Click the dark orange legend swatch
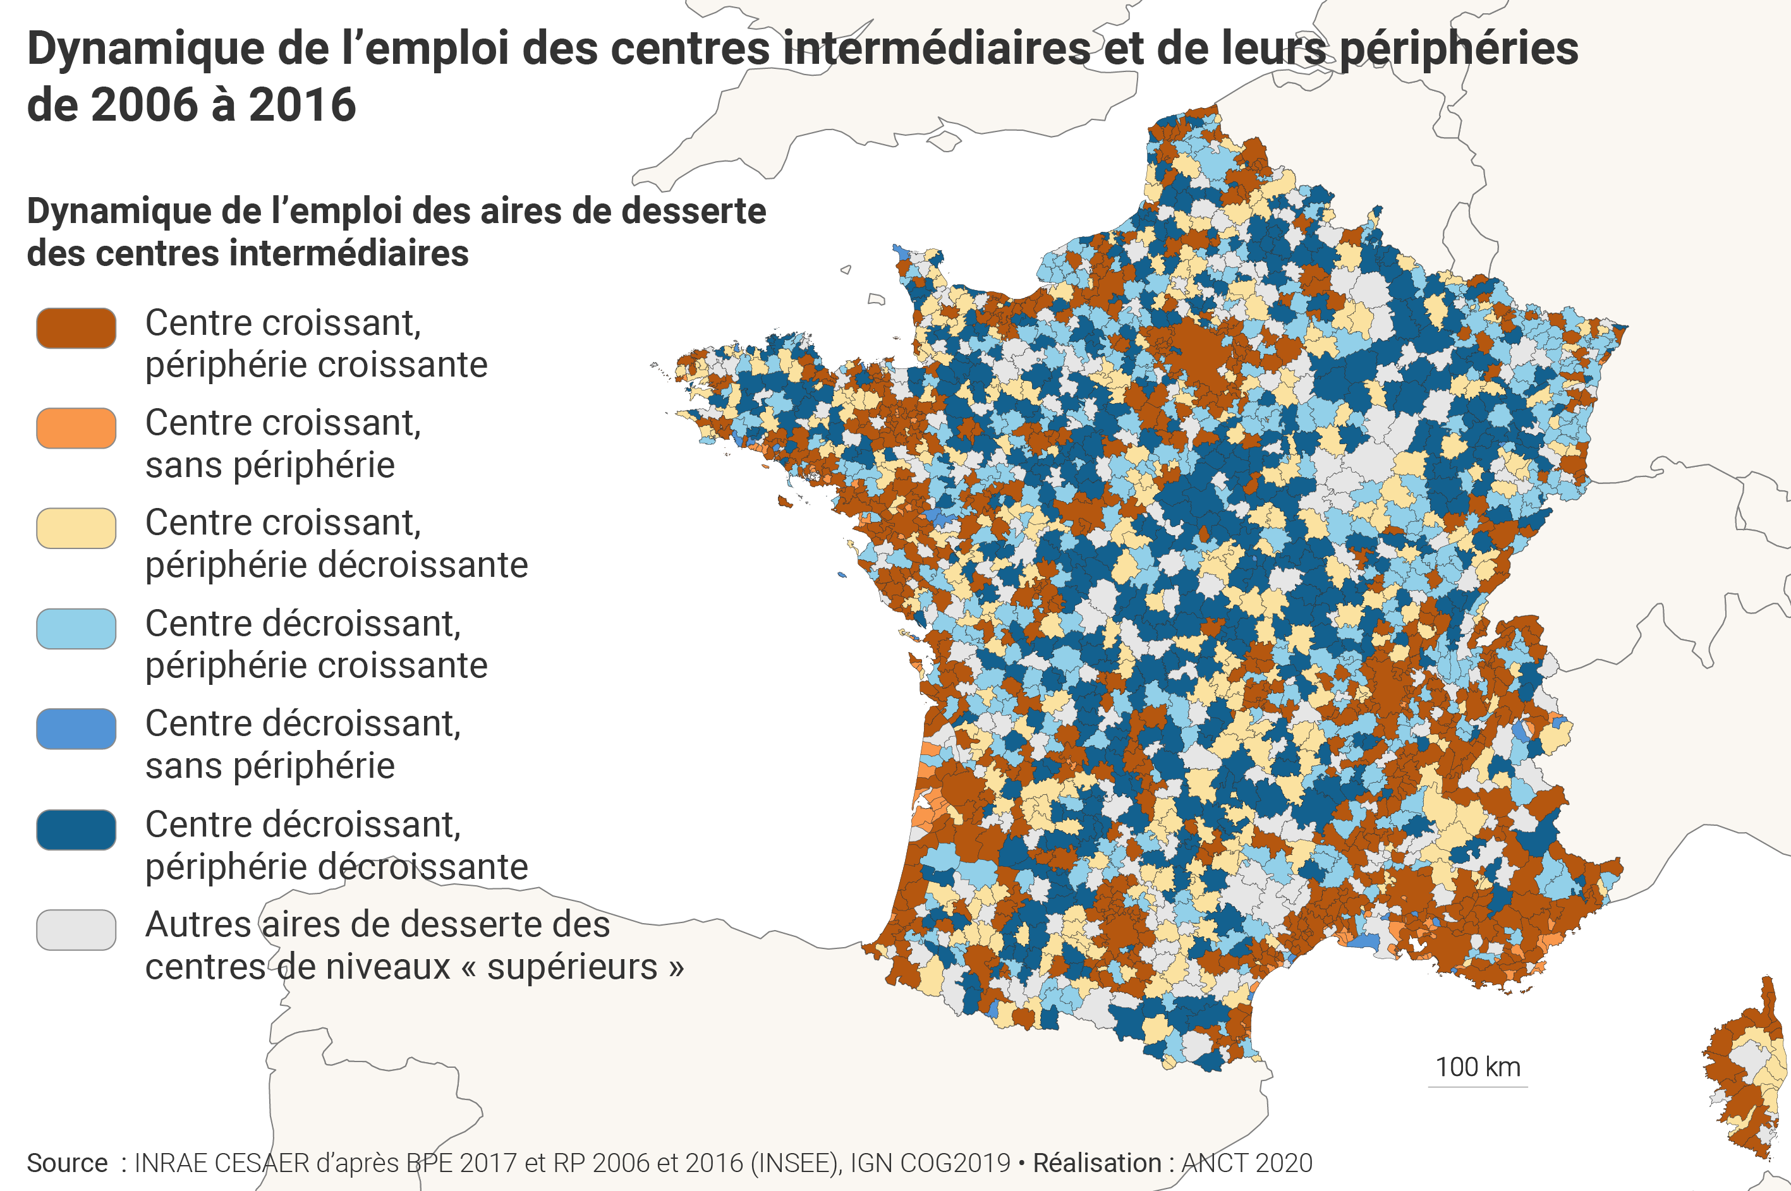pyautogui.click(x=76, y=328)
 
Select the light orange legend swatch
pyautogui.click(x=76, y=428)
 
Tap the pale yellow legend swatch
pyautogui.click(x=76, y=528)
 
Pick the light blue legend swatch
pyautogui.click(x=76, y=629)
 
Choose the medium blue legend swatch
pyautogui.click(x=76, y=729)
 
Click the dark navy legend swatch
pyautogui.click(x=76, y=830)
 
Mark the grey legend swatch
pyautogui.click(x=76, y=929)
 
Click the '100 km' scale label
pyautogui.click(x=1478, y=1067)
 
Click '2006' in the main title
pyautogui.click(x=144, y=105)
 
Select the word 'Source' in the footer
pyautogui.click(x=67, y=1163)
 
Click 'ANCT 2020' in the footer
pyautogui.click(x=1246, y=1163)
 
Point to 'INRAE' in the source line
pyautogui.click(x=171, y=1163)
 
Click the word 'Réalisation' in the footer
pyautogui.click(x=1096, y=1163)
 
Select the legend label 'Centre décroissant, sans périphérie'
pyautogui.click(x=302, y=744)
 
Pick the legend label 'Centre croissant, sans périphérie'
pyautogui.click(x=282, y=444)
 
